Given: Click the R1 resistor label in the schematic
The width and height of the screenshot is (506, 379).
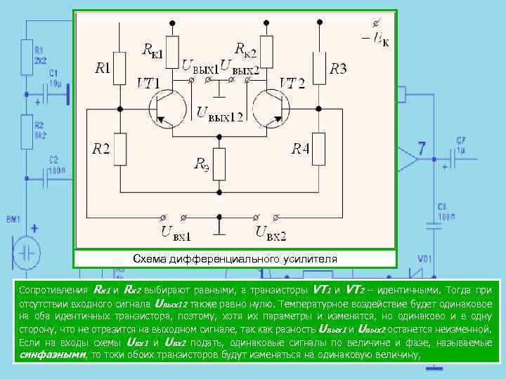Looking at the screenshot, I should pyautogui.click(x=103, y=69).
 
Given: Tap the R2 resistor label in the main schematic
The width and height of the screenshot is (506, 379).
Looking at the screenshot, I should pyautogui.click(x=100, y=149).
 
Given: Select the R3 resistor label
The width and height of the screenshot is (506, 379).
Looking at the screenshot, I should pyautogui.click(x=338, y=69).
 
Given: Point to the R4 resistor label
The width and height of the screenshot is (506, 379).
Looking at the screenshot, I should pyautogui.click(x=301, y=149).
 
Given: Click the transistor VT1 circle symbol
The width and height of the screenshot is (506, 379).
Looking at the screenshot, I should pyautogui.click(x=167, y=109).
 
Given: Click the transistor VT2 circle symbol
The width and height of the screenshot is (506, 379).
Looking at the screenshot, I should pyautogui.click(x=271, y=109).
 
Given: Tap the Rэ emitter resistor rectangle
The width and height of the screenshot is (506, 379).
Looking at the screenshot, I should pyautogui.click(x=221, y=164).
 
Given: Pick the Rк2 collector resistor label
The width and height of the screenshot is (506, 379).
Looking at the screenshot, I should pyautogui.click(x=245, y=49).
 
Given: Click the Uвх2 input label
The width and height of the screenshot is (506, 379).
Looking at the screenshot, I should pyautogui.click(x=271, y=230).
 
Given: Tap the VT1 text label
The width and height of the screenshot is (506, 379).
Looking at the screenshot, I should pyautogui.click(x=150, y=84).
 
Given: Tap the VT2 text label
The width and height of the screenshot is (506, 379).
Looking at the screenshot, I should pyautogui.click(x=292, y=84).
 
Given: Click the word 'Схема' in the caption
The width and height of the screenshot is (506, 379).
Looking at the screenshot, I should pyautogui.click(x=150, y=259).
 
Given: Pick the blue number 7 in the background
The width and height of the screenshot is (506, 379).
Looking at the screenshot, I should pyautogui.click(x=422, y=149).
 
